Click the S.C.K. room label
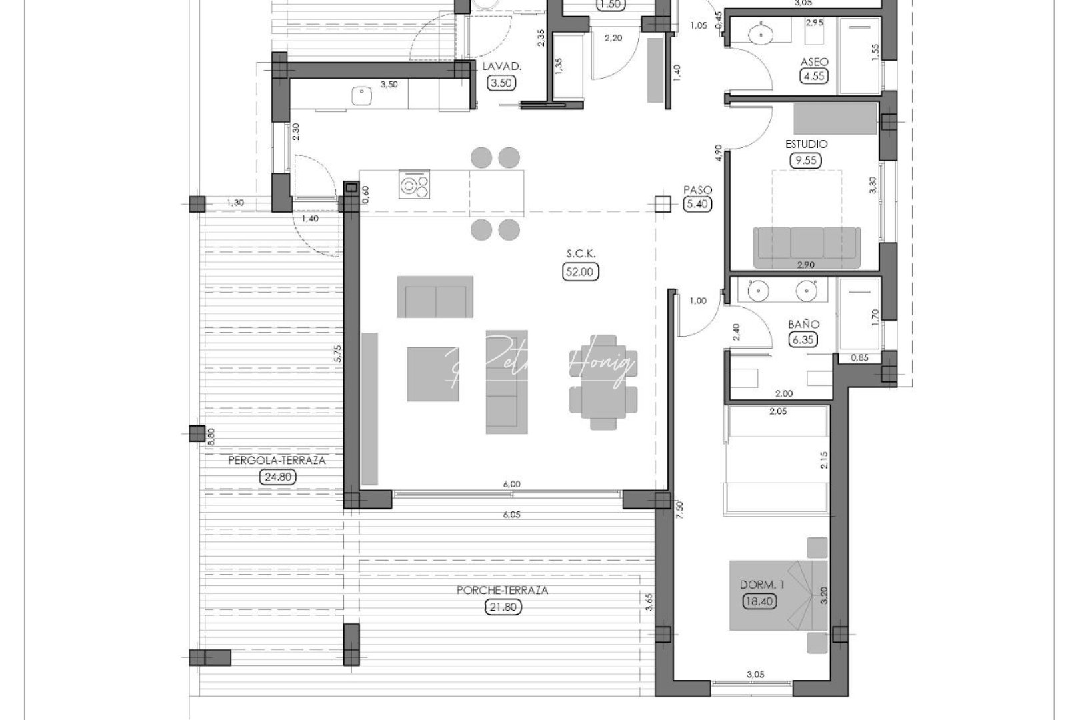pos(581,254)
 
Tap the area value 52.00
pos(581,271)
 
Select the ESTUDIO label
pos(806,144)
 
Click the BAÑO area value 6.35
pos(803,340)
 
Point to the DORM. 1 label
pos(762,585)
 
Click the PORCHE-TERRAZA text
pos(503,590)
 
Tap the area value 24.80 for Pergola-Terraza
pos(277,477)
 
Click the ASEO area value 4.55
pos(813,76)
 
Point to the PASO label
pos(697,189)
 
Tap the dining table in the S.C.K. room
pos(603,381)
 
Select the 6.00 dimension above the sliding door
pos(512,484)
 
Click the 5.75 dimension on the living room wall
pos(339,353)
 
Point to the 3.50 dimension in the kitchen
pos(389,85)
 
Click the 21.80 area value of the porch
pos(503,607)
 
